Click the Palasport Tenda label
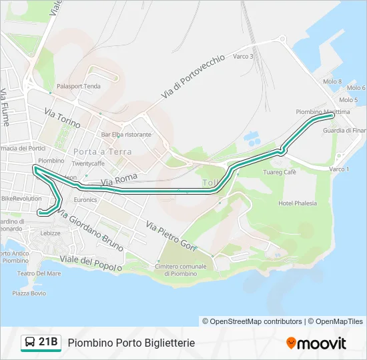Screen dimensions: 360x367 tap(79, 86)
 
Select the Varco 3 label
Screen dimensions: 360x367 tap(243, 57)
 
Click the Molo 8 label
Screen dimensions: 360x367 tap(332, 82)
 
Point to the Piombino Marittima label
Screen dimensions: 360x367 tap(322, 112)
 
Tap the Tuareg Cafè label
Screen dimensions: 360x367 tap(280, 172)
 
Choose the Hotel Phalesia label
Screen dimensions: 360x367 tap(298, 203)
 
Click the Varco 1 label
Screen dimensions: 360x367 tap(339, 169)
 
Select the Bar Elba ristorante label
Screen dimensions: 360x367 tap(126, 134)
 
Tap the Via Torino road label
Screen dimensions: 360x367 tap(63, 119)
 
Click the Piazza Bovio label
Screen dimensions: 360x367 tap(29, 293)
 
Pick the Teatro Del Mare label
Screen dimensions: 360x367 tap(39, 273)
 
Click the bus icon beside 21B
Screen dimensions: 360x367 tap(30, 343)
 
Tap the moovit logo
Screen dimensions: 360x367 tap(316, 343)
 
